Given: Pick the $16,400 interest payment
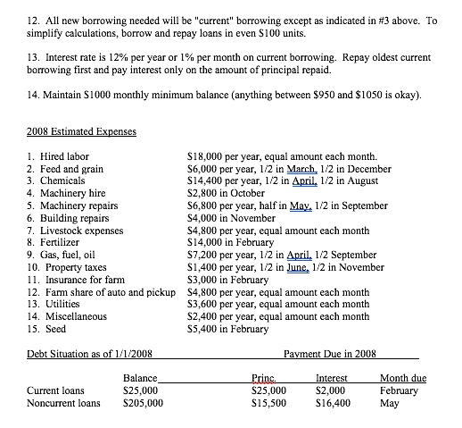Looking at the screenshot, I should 333,403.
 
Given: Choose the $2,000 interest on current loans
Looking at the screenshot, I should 330,390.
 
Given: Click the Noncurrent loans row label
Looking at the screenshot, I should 63,403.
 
